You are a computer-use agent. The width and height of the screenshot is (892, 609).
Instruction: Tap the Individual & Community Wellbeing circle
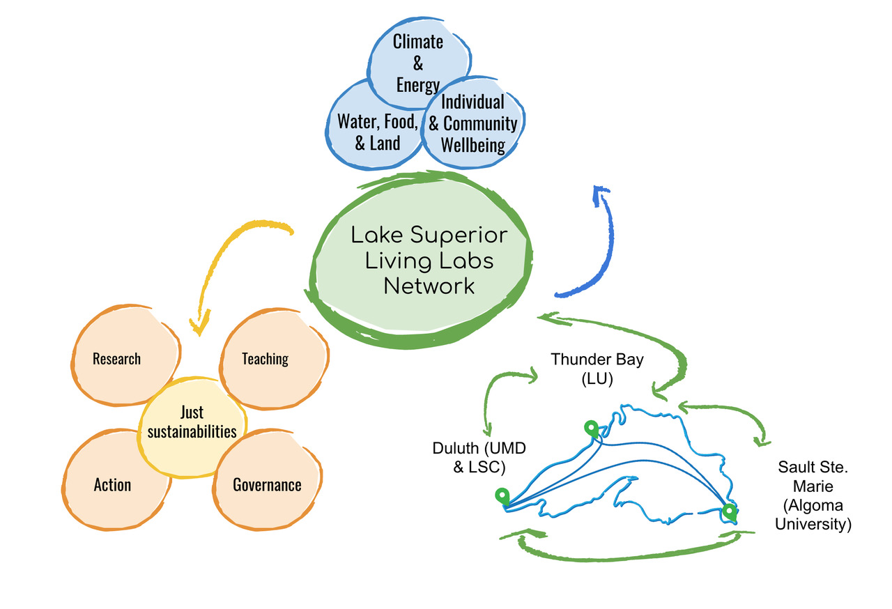[x=474, y=124]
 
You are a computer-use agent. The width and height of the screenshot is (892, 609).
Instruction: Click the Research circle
[x=117, y=359]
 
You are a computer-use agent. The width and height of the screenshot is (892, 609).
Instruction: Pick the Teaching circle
[x=266, y=359]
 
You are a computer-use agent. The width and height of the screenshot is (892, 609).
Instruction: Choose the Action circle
[x=112, y=484]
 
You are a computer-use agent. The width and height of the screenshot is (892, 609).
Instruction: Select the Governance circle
[x=267, y=485]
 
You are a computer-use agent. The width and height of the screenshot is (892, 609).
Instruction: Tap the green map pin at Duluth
[x=502, y=497]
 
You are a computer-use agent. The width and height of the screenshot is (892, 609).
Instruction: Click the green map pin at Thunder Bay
[x=591, y=429]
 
